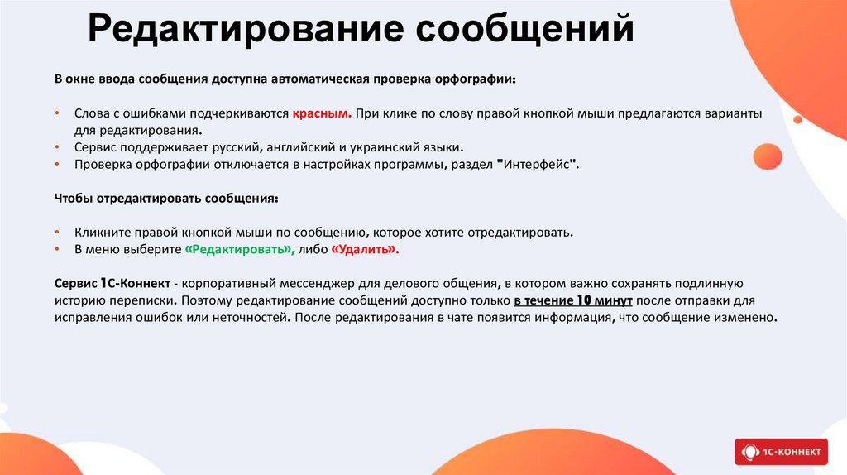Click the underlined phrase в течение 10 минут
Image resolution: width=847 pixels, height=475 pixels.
[x=572, y=300]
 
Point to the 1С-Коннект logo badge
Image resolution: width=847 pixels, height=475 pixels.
[x=781, y=451]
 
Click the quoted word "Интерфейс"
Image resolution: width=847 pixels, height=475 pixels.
[x=538, y=165]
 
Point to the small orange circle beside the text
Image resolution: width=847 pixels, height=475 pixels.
[x=767, y=156]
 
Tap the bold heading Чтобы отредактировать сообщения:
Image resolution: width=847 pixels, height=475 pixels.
[x=166, y=199]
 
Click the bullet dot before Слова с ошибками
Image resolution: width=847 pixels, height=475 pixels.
[x=57, y=113]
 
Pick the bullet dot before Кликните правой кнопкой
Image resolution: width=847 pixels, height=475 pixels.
[x=57, y=233]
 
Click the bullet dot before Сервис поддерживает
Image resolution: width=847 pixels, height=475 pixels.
[x=57, y=147]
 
